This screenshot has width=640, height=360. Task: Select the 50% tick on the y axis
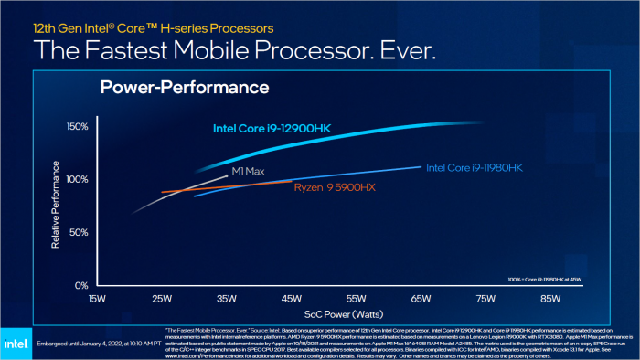(x=78, y=233)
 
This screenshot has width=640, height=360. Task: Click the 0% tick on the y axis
(x=80, y=285)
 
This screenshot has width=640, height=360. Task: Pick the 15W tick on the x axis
(x=98, y=299)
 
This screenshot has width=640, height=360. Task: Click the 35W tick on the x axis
(x=227, y=299)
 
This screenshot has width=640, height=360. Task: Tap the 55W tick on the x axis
(x=356, y=299)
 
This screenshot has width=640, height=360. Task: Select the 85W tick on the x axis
(x=550, y=299)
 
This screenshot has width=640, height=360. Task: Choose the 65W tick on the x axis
(x=421, y=299)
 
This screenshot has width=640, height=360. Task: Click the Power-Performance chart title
(x=184, y=88)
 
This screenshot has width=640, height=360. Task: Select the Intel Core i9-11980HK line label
(x=474, y=168)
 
